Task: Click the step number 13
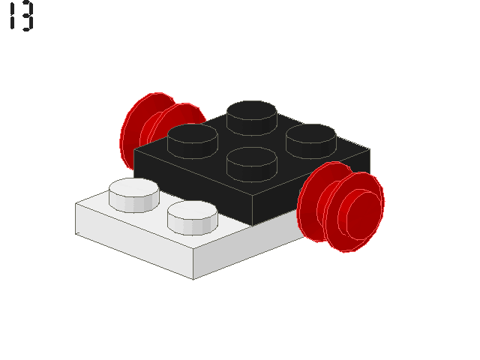[x=21, y=16]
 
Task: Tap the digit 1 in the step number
[x=12, y=16]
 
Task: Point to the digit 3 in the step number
[x=27, y=16]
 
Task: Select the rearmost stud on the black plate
[x=252, y=115]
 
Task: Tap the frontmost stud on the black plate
[x=252, y=160]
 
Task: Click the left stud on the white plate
[x=133, y=193]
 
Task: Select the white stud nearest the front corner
[x=192, y=216]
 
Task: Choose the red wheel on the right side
[x=341, y=207]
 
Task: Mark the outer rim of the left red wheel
[x=127, y=135]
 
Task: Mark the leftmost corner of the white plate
[x=76, y=204]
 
